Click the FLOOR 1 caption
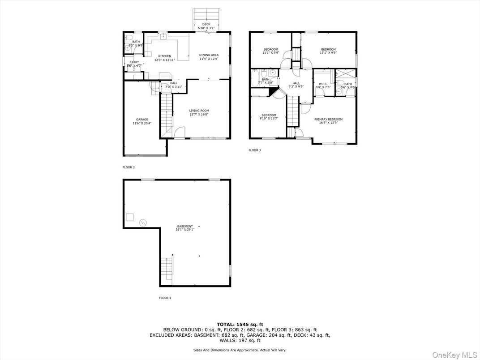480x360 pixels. (165, 298)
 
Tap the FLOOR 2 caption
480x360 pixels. (129, 167)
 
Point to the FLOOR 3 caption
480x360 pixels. (255, 150)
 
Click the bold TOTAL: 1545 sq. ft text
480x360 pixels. (240, 324)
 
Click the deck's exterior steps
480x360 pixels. (206, 14)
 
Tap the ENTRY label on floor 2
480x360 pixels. (134, 62)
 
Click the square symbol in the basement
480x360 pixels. (129, 217)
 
